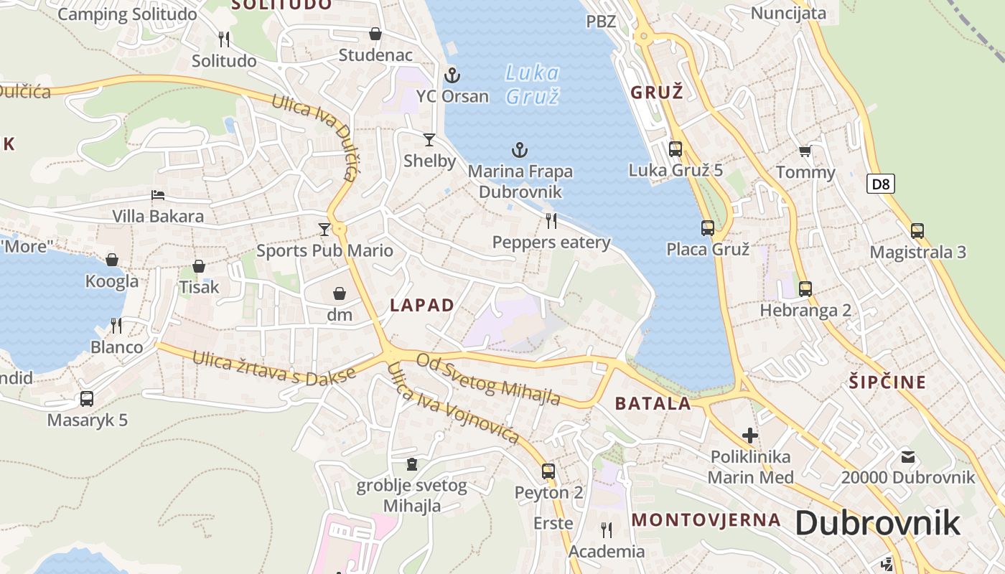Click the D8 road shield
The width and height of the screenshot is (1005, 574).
coord(881,184)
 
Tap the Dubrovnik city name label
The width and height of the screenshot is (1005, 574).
coord(877,523)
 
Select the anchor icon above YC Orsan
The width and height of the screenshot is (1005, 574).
coord(452,75)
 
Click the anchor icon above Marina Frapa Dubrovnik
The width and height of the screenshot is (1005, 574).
coord(519,150)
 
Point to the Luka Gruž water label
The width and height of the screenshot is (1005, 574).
coord(532,84)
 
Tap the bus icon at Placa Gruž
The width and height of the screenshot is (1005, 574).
coord(708,228)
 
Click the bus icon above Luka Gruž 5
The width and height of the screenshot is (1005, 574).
coord(675,149)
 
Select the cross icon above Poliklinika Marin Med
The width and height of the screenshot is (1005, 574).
coord(750,435)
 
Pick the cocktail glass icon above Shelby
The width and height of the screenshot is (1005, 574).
coord(429,139)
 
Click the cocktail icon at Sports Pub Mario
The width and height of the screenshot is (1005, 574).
coord(324,229)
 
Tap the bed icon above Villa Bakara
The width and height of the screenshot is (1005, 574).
coord(158,195)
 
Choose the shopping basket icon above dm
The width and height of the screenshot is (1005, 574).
coord(340,293)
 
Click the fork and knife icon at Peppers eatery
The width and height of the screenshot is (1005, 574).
coord(551,220)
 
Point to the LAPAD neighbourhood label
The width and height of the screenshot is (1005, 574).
coord(422,305)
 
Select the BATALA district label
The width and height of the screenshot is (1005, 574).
coord(653,403)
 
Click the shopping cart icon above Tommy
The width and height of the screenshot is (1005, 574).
coord(805,151)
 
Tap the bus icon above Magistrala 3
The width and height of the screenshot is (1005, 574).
coord(917,230)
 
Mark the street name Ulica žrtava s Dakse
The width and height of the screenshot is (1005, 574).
coord(274,367)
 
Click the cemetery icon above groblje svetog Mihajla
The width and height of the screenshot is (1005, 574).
coord(412,464)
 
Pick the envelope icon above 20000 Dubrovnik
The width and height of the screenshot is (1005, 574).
coord(908,456)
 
